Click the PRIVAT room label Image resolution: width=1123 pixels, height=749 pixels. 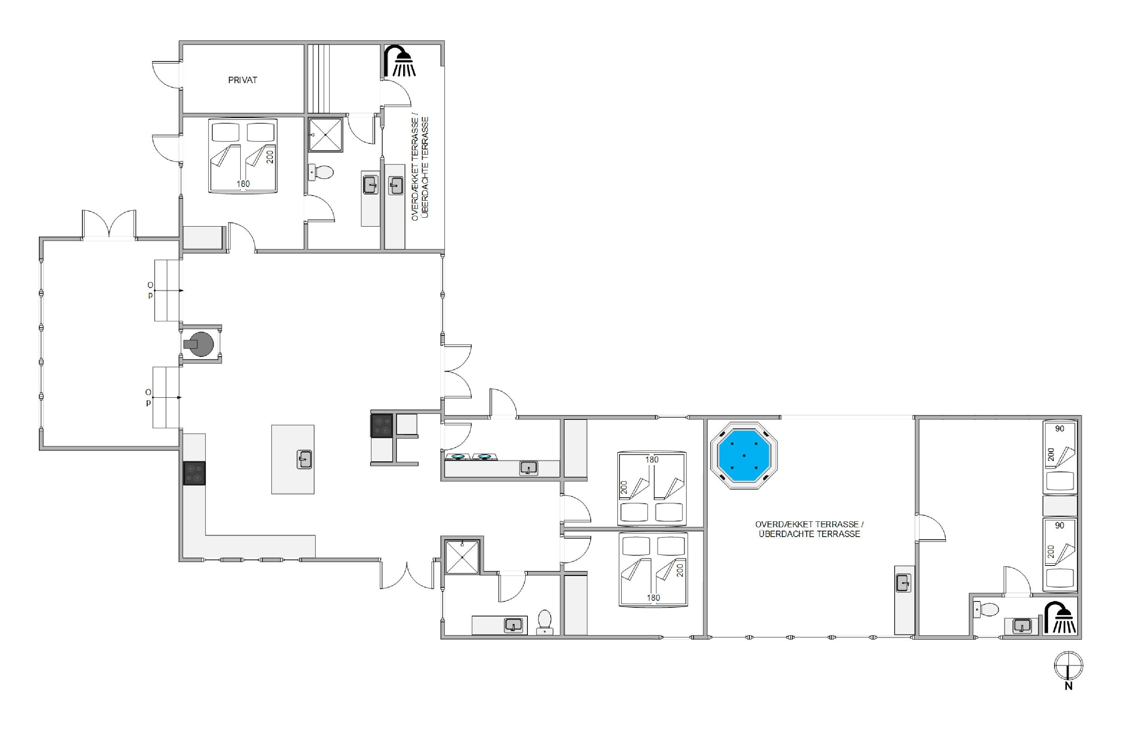click(243, 80)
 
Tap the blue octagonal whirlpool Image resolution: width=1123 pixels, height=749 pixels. click(744, 456)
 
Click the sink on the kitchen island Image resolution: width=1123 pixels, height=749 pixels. click(304, 460)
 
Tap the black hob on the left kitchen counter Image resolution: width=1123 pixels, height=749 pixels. click(194, 473)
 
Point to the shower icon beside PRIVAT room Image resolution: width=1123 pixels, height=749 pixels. click(400, 61)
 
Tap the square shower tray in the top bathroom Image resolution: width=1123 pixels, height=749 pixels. click(325, 135)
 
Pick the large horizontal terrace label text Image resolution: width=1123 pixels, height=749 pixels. click(809, 529)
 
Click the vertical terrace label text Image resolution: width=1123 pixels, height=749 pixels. click(420, 168)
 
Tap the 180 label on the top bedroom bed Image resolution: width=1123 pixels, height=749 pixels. click(243, 184)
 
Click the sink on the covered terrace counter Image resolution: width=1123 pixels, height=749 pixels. click(903, 583)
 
